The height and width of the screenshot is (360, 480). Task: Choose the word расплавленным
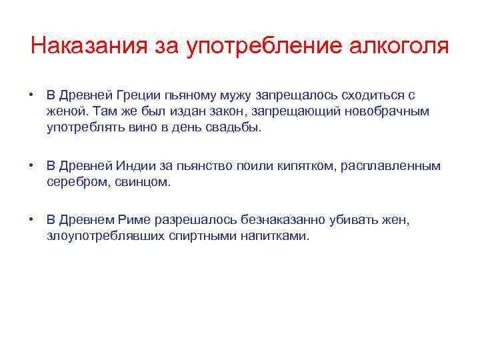[x=391, y=165]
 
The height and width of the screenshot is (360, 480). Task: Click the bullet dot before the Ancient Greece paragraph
[x=31, y=96]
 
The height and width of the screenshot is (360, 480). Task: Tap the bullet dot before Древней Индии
[x=31, y=165]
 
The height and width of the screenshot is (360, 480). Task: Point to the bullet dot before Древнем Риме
[x=31, y=219]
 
